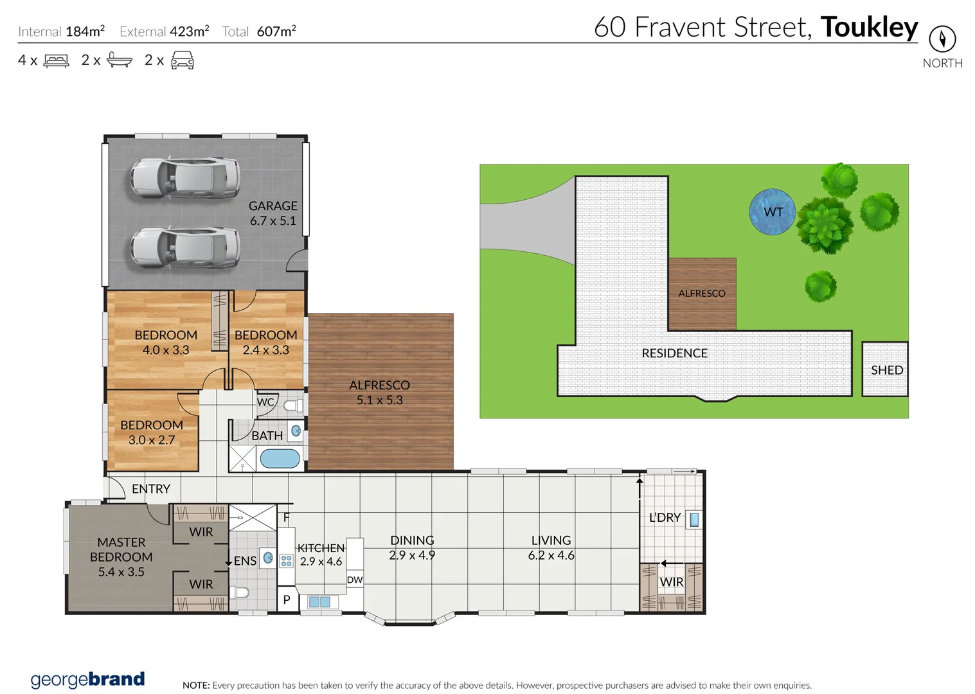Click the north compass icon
point(942,39)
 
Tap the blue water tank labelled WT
point(772,212)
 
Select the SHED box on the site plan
point(885,369)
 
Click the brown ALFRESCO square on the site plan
point(702,294)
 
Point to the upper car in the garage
point(185,178)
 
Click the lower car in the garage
point(185,247)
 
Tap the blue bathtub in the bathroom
point(280,459)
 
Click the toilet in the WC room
point(292,405)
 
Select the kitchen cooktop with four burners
point(287,561)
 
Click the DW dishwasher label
point(355,580)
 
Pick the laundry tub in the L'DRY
point(694,519)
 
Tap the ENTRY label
point(151,489)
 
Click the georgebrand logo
point(88,679)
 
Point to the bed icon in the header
point(56,61)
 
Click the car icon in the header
point(183,60)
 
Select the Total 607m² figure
point(276,31)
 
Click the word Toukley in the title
point(869,27)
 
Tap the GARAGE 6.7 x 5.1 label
point(273,213)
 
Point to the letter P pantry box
point(287,599)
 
